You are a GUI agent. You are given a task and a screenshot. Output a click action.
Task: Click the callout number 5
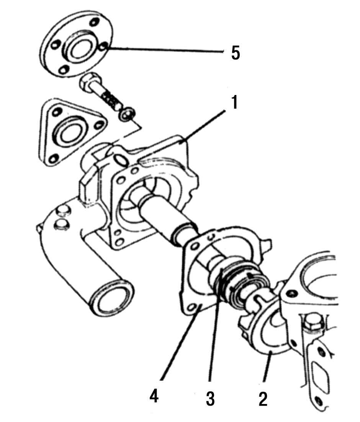pos(235,53)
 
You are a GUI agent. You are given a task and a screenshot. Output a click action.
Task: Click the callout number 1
pos(235,102)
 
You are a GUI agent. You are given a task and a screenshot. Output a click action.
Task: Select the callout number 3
pos(210,398)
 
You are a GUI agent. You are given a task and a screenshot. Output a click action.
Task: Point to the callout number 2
pos(263,399)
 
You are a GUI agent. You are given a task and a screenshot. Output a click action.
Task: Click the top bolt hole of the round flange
pos(93,22)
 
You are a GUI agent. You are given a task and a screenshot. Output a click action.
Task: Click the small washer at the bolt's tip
pos(127,114)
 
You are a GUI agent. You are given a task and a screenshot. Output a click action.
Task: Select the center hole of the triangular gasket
pos(69,134)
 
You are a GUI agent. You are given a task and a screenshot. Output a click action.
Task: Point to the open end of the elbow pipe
pos(112,298)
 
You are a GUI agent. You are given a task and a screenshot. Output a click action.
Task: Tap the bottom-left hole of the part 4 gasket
pos(192,307)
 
